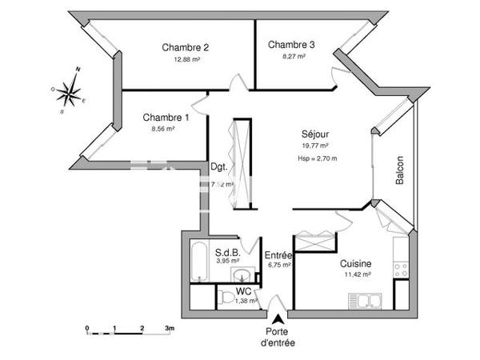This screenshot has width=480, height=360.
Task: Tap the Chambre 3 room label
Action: pos(291,45)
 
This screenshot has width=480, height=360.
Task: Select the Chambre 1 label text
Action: pos(166,118)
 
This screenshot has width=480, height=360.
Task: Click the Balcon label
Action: pos(399,169)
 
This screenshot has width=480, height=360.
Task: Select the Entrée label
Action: pos(279,254)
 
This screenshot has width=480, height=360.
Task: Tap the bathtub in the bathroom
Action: pos(197,263)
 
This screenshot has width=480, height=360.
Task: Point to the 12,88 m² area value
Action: pos(186,58)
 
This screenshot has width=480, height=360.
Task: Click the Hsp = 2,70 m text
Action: pos(317,158)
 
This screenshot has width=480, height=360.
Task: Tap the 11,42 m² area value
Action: pos(356,274)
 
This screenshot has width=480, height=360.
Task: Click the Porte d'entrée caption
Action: pos(278,338)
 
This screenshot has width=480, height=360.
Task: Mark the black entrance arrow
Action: pos(278,319)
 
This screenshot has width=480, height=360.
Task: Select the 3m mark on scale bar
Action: pos(170,329)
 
